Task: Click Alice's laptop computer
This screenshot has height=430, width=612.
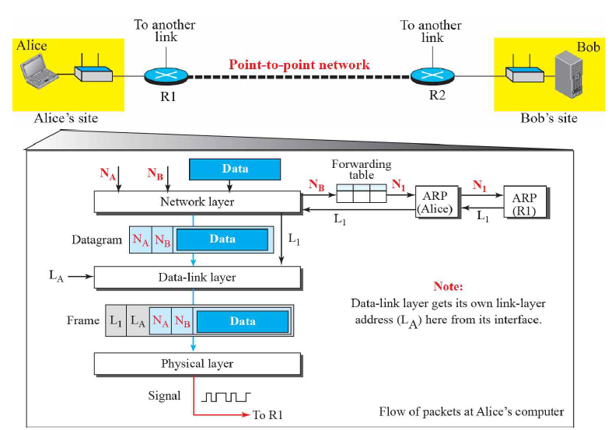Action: coord(39,72)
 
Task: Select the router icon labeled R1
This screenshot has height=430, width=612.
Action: coord(166,75)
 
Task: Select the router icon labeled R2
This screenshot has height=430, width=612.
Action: coord(432,75)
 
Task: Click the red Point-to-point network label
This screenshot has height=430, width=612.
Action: coord(299,65)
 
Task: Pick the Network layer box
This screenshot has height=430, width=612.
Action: coord(198,202)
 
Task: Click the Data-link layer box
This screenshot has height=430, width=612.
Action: coord(198,278)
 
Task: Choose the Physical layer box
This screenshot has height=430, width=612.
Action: coord(198,364)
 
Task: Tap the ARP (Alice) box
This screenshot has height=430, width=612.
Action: coord(435,201)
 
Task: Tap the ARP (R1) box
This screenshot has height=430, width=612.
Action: coord(525,201)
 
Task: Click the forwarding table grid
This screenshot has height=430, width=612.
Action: coord(362,193)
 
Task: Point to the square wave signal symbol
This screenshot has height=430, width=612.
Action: coord(226,397)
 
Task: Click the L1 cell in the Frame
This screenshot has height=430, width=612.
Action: coord(116,320)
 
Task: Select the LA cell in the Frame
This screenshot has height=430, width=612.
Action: coord(138,320)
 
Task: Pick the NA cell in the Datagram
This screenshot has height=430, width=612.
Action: coord(141,239)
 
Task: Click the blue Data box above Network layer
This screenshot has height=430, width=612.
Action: coord(235,169)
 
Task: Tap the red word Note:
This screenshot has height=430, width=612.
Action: coord(448,286)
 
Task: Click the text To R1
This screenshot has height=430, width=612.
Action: coord(268,414)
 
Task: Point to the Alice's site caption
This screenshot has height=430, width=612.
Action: coord(66,118)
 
